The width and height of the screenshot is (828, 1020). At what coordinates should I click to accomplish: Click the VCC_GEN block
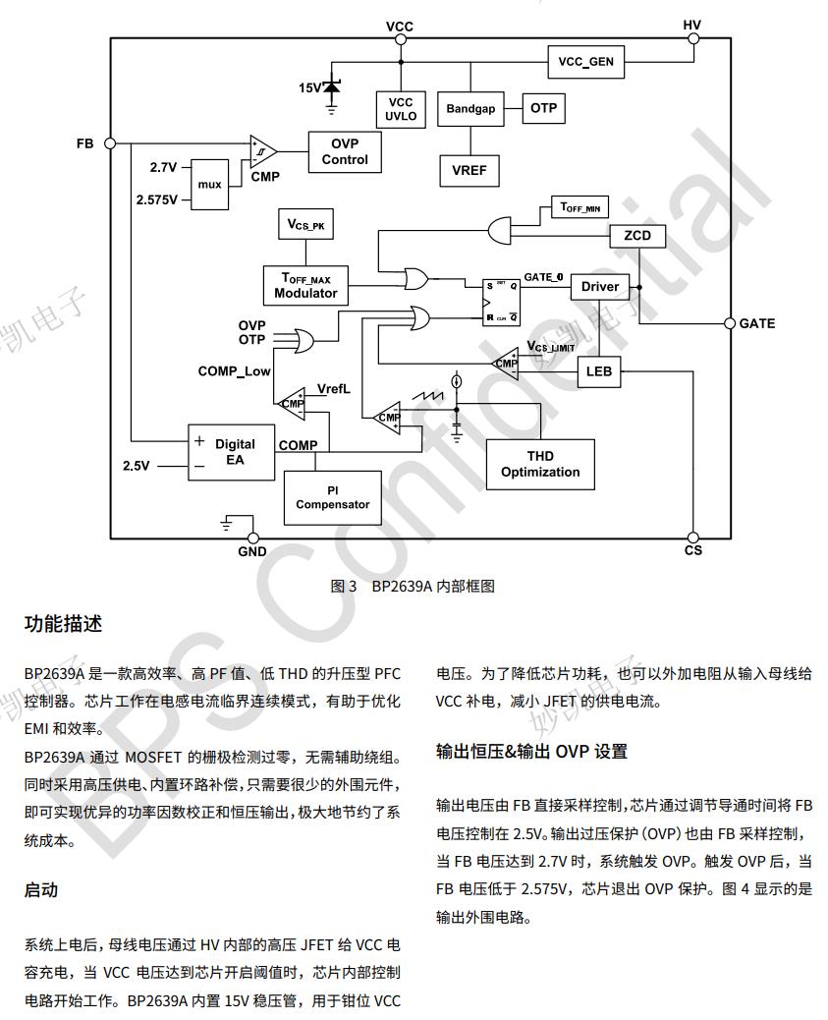585,62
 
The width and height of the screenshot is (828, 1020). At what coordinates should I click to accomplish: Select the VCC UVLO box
401,109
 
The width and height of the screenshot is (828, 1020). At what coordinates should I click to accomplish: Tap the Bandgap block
470,109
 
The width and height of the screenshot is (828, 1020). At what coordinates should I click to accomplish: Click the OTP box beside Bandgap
543,108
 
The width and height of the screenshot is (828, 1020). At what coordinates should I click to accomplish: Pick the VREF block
469,170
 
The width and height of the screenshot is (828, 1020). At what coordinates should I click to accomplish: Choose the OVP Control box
345,151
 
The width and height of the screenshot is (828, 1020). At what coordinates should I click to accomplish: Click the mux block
209,184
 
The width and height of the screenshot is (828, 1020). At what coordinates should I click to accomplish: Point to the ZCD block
637,237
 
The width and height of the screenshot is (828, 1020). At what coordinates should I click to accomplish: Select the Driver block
600,287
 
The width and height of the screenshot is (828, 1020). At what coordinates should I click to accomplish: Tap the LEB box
598,371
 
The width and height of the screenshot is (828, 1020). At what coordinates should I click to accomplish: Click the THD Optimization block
540,465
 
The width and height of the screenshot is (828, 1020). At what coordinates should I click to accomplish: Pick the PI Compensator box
333,497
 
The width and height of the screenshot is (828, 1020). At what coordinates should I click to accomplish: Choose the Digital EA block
232,452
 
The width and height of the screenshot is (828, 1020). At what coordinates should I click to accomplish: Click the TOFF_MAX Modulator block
305,286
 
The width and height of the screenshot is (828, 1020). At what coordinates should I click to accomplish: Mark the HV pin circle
692,38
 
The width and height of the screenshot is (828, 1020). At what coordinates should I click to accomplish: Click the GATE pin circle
730,323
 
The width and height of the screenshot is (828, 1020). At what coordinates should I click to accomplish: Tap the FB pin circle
110,142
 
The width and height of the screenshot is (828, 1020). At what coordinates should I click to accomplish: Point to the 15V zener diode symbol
331,88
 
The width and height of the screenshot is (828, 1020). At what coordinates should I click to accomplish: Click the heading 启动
41,890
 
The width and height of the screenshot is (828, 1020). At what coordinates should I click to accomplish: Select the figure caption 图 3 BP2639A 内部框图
413,587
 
